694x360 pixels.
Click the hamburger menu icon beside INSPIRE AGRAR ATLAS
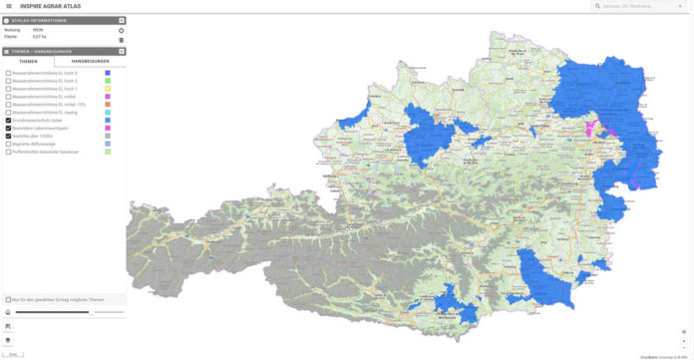pyautogui.click(x=8, y=6)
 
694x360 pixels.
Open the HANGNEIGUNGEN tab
pyautogui.click(x=97, y=61)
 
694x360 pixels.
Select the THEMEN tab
pyautogui.click(x=28, y=61)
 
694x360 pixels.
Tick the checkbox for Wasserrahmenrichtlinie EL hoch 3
pyautogui.click(x=8, y=74)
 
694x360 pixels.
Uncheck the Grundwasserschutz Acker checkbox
pyautogui.click(x=8, y=121)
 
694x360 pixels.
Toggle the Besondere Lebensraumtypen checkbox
pyautogui.click(x=8, y=129)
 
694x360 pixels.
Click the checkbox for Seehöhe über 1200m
pyautogui.click(x=8, y=137)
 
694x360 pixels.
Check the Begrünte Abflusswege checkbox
pyautogui.click(x=8, y=145)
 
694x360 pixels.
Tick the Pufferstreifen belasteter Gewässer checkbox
pyautogui.click(x=8, y=153)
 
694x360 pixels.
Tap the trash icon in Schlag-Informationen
pyautogui.click(x=121, y=40)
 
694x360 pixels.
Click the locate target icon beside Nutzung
pyautogui.click(x=121, y=30)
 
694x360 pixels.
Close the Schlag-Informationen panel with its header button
pyautogui.click(x=122, y=20)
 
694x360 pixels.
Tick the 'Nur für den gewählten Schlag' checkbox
pyautogui.click(x=8, y=299)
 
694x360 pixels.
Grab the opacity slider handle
pyautogui.click(x=91, y=312)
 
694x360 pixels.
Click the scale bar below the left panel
pyautogui.click(x=13, y=354)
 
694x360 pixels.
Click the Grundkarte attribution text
pyautogui.click(x=662, y=356)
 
